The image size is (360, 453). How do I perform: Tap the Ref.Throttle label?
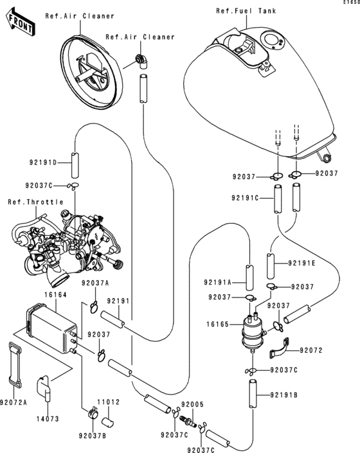pyautogui.click(x=35, y=202)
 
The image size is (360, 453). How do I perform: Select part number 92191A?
pyautogui.click(x=218, y=282)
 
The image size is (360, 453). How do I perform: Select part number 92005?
pyautogui.click(x=192, y=405)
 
